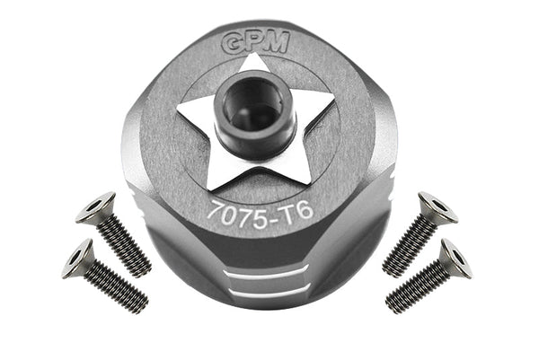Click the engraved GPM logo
click(256, 43)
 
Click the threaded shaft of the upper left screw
click(128, 246)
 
